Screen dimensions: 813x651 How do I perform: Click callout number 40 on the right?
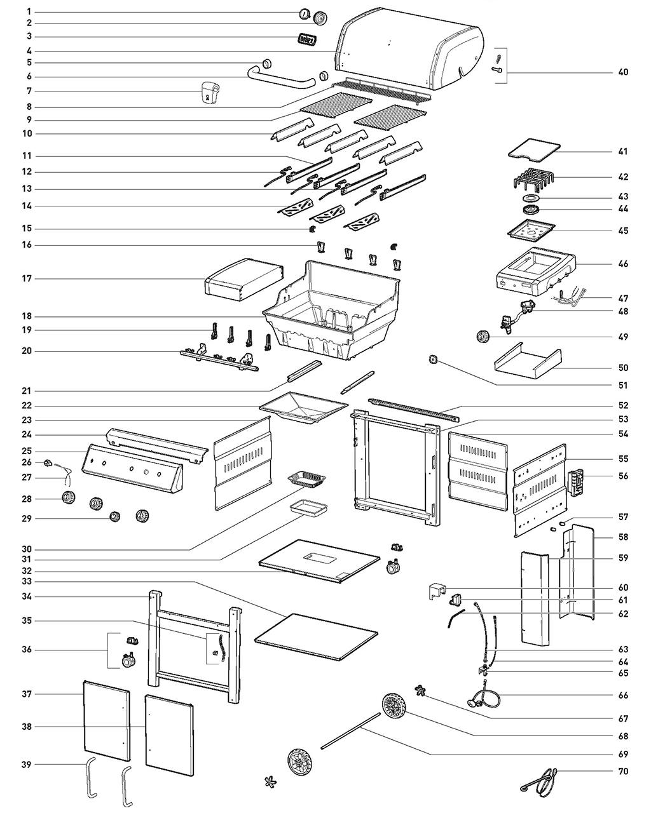(623, 72)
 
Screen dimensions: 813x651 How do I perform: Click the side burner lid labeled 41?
(534, 149)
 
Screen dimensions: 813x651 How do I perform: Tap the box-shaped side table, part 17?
(243, 279)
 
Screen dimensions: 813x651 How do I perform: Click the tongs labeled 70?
(540, 780)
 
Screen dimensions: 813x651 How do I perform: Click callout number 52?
(623, 405)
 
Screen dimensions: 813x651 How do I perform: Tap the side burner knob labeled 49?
(484, 337)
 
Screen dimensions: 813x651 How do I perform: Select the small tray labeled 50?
(528, 359)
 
